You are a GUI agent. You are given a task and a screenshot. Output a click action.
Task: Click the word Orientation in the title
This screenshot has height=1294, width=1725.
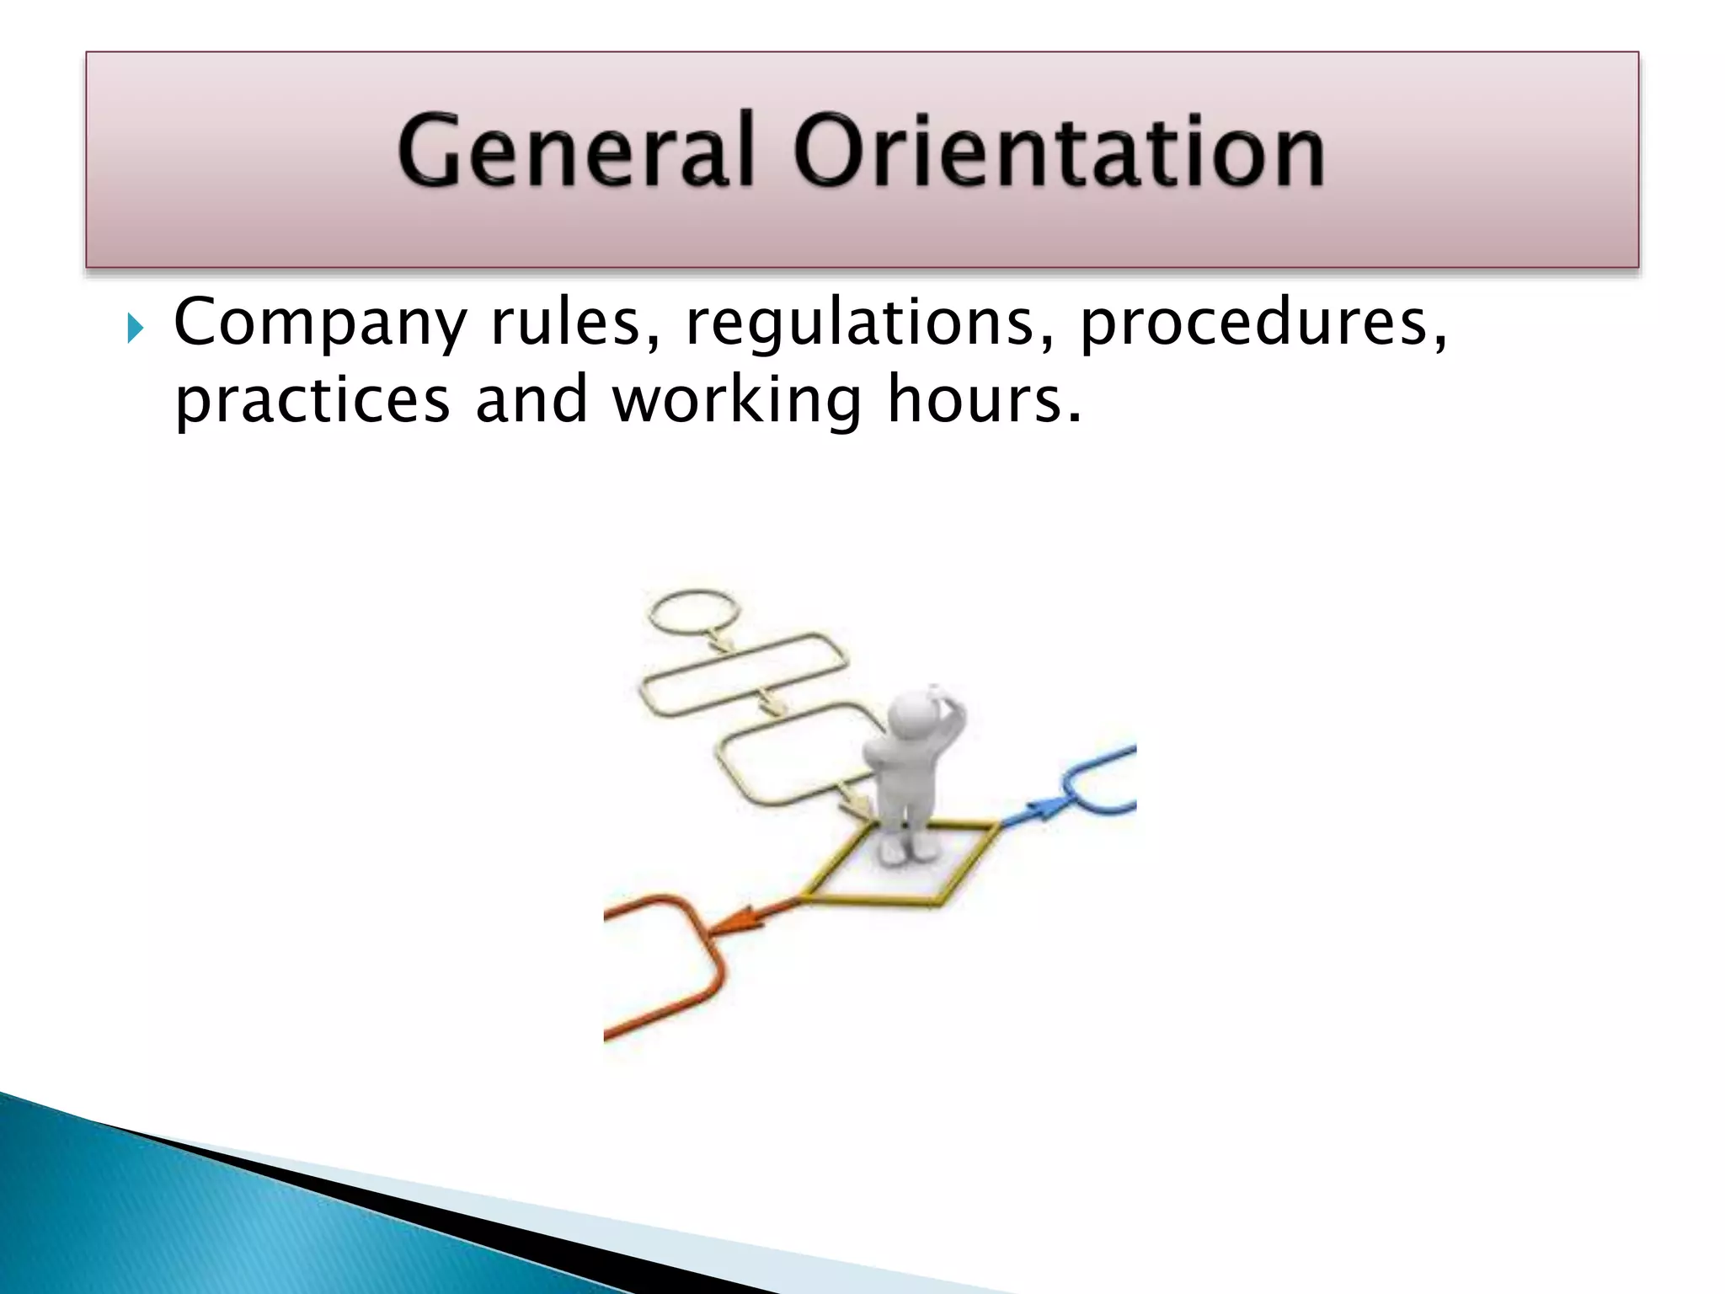pyautogui.click(x=1058, y=152)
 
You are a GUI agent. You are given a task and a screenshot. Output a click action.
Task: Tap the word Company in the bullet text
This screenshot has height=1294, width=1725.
pyautogui.click(x=319, y=323)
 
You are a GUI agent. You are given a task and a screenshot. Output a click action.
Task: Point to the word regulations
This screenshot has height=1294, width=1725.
pyautogui.click(x=869, y=323)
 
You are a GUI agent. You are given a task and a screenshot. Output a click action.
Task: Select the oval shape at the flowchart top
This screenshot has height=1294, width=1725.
pyautogui.click(x=695, y=609)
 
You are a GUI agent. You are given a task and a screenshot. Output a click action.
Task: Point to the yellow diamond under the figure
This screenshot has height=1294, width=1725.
pyautogui.click(x=901, y=864)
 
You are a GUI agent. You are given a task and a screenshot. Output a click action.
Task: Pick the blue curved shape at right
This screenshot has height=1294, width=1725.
pyautogui.click(x=1103, y=783)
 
